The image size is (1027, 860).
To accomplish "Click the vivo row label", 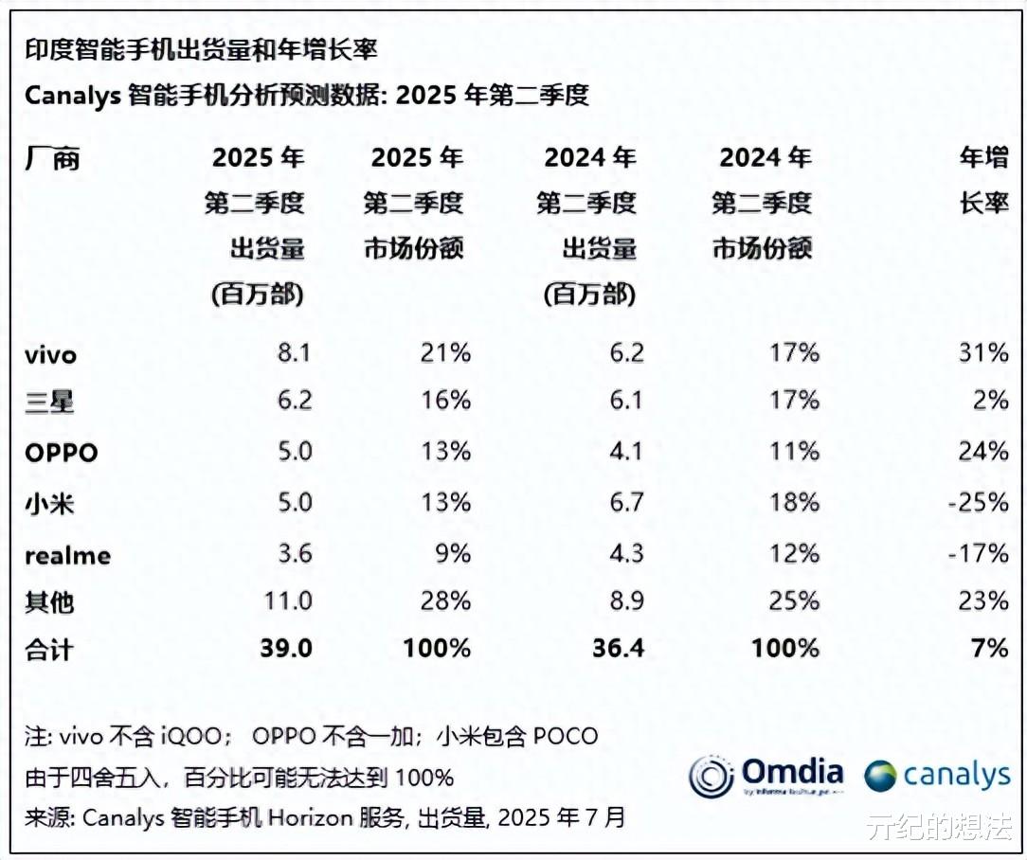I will pos(50,355).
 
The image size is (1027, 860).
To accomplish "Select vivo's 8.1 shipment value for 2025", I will pos(294,353).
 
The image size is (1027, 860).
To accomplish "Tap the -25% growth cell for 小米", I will pos(978,501).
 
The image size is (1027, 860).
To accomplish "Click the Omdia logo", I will pos(766,775).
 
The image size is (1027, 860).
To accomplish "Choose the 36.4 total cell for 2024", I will pos(619,648).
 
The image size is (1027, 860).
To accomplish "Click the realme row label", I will pos(67,554).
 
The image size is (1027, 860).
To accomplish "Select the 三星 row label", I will pos(49,403).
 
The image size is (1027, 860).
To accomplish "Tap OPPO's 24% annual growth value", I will pos(982,452).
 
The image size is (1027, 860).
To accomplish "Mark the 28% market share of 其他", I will pos(445,600).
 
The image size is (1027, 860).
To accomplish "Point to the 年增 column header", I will pos(983,158).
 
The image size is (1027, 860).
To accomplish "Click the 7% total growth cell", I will pos(989,648).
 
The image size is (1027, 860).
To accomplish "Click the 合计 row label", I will pos(49,649).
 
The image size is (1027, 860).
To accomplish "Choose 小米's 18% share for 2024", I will pos(794,501).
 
